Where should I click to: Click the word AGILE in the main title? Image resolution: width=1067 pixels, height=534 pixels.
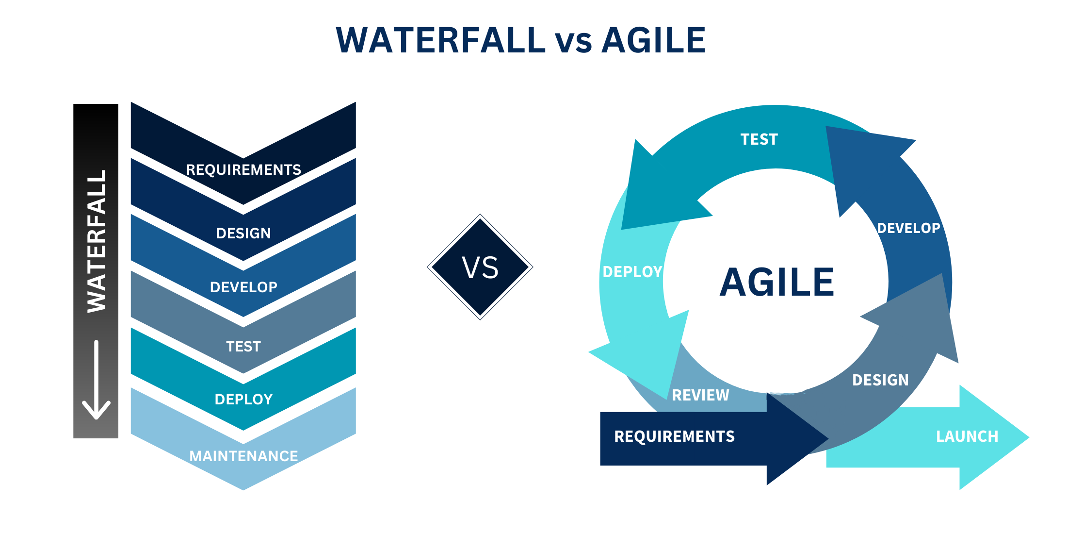pos(653,40)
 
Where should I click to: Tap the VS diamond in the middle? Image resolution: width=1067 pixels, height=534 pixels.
pos(480,267)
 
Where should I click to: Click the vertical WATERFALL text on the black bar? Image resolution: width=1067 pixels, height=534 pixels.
pos(96,241)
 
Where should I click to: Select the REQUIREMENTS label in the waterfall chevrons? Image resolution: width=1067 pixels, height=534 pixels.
pos(243,170)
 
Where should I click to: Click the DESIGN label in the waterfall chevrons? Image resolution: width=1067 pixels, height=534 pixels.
pos(243,234)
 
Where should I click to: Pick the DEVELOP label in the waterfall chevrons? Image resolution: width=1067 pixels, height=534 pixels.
pos(243,287)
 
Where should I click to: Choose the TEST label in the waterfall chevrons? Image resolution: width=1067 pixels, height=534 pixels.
pos(243,347)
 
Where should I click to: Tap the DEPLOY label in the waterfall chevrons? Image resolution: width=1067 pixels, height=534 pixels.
pos(243,400)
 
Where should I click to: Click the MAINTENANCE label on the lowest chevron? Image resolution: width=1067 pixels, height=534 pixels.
pos(243,456)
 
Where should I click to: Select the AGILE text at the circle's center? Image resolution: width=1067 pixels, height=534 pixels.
pos(776,282)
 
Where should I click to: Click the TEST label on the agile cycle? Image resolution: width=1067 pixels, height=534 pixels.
pos(759,140)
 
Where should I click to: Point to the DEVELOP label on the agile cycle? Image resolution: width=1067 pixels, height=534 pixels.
pos(908,228)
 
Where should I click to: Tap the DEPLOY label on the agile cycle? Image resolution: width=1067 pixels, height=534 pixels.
pos(632,272)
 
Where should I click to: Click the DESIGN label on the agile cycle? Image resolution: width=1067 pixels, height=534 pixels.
pos(880,380)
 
